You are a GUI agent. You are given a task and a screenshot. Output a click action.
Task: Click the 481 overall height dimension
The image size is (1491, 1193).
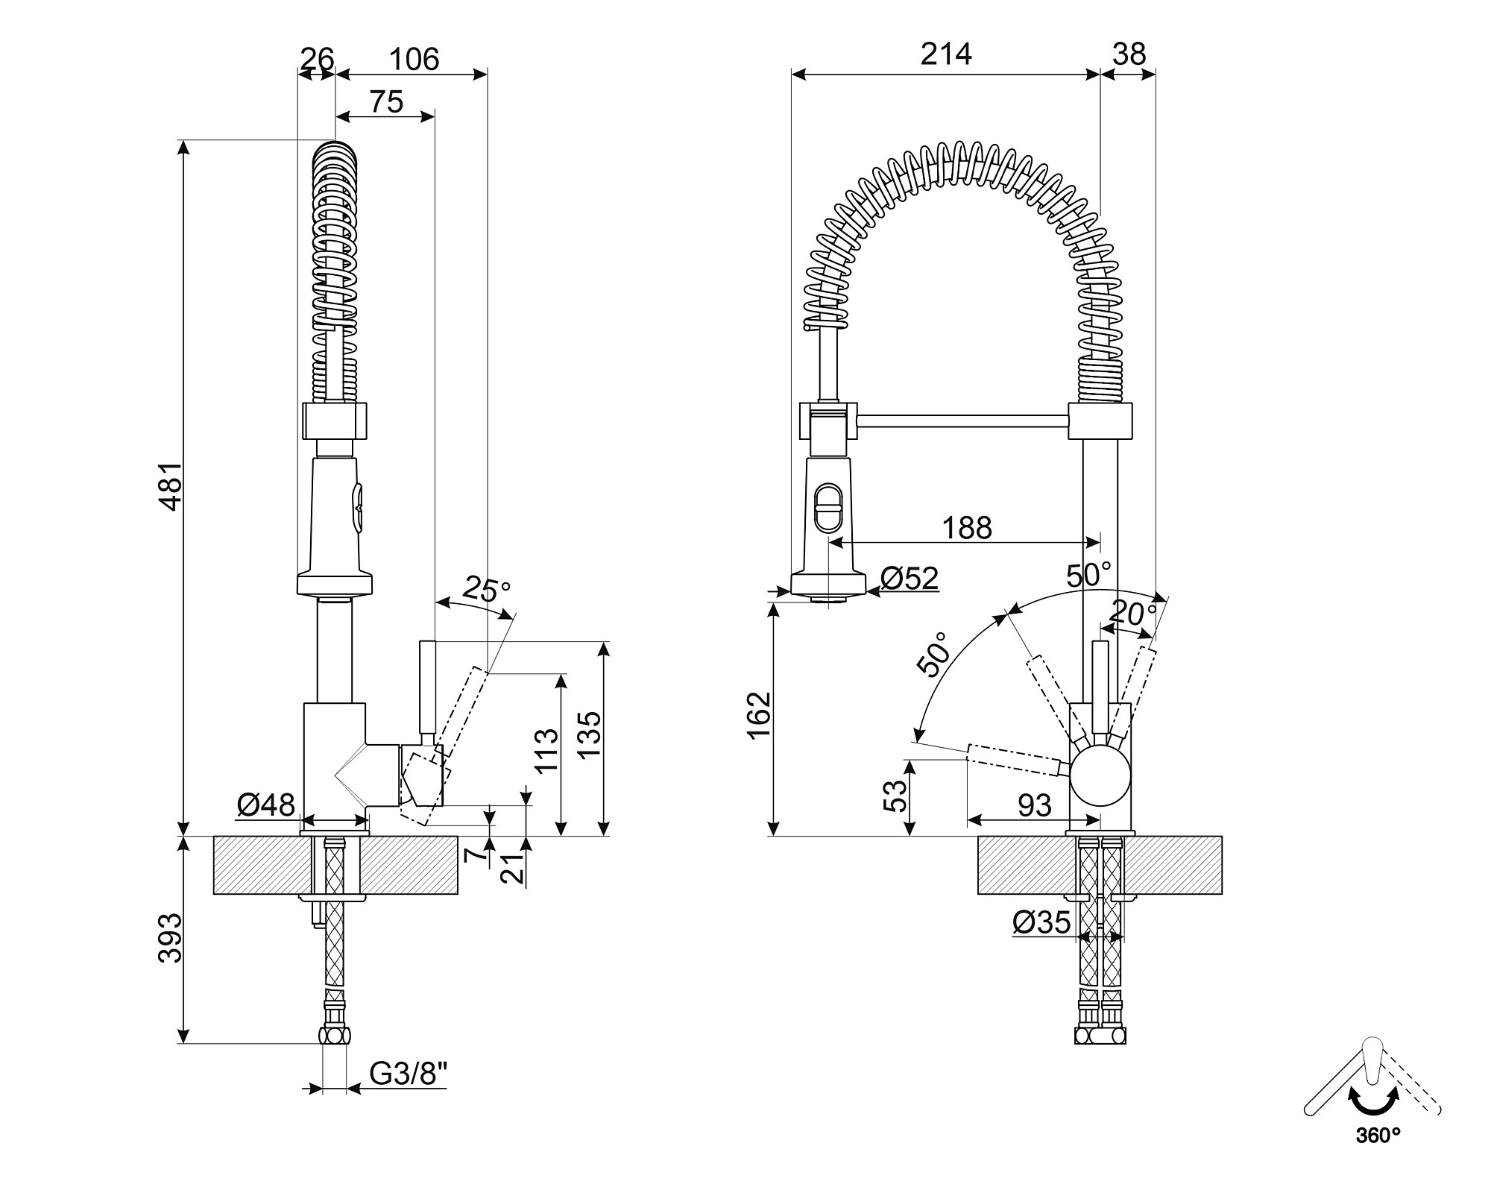(x=171, y=486)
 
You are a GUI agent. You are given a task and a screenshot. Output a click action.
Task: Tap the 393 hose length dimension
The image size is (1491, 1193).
(x=171, y=937)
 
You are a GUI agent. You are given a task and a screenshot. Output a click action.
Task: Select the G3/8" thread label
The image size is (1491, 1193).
(x=409, y=1074)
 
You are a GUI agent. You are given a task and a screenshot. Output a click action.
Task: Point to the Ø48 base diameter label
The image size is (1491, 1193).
(x=266, y=805)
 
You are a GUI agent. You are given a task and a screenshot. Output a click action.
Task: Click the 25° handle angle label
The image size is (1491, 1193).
(x=486, y=590)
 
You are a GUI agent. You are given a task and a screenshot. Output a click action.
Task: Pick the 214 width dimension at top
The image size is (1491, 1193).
(x=946, y=54)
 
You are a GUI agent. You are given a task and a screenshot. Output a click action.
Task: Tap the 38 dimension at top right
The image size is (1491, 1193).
(x=1129, y=54)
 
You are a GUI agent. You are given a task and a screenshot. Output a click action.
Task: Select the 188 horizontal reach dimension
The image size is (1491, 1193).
(x=967, y=528)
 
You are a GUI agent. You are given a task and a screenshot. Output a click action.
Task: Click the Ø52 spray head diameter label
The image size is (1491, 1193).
(x=909, y=578)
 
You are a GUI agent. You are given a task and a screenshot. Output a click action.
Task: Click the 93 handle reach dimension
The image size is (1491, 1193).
(x=1034, y=805)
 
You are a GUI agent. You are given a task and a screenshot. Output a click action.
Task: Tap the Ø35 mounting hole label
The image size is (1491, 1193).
(x=1041, y=922)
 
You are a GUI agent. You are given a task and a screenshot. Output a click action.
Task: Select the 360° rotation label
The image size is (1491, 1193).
(x=1378, y=1156)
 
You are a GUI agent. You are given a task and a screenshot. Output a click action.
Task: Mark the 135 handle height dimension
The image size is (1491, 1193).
(x=590, y=734)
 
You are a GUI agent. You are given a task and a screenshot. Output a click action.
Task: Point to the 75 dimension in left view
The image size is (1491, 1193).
(x=386, y=101)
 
